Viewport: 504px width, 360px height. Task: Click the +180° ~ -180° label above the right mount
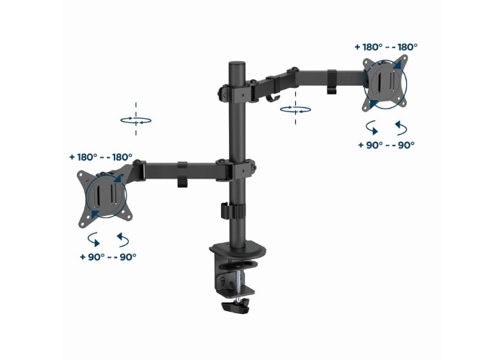[x=386, y=48]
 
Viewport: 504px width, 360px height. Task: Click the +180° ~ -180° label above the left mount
[x=101, y=157]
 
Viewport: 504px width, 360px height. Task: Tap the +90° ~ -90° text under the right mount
[x=387, y=145]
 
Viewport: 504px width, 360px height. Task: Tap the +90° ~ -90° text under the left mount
[x=108, y=257]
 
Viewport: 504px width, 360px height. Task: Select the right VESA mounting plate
[x=385, y=84]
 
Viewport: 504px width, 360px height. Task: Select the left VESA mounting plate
[x=105, y=197]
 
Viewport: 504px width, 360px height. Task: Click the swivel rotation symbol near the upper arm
[x=295, y=109]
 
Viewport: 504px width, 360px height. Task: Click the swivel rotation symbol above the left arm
[x=136, y=120]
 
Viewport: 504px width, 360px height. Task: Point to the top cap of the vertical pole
[x=237, y=65]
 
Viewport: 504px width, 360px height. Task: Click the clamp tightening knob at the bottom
[x=235, y=306]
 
